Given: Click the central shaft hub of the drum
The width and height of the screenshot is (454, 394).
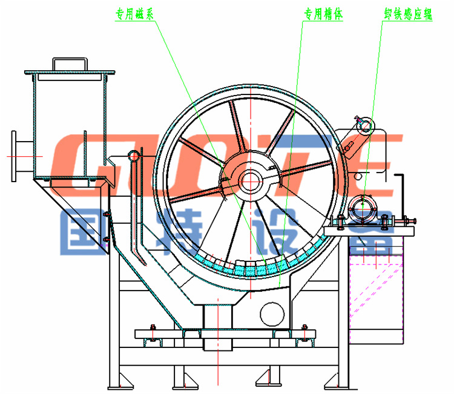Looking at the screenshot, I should coord(249,179).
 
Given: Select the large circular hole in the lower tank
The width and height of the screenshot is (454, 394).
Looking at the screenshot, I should coord(272,312).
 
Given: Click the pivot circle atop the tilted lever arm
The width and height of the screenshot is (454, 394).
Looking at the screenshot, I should coord(365,124).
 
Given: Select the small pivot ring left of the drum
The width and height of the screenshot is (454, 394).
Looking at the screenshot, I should coord(134,156).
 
